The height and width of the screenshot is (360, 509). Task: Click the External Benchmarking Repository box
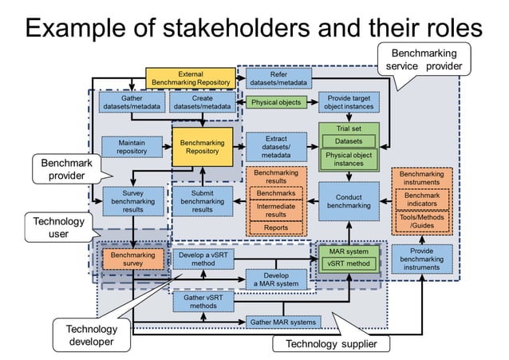190,77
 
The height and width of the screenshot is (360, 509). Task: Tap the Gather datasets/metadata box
132,102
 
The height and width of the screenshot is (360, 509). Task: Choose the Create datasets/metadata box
202,102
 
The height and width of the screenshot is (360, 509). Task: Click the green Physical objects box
276,103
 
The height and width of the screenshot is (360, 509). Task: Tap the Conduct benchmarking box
349,201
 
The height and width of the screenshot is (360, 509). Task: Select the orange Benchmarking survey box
132,258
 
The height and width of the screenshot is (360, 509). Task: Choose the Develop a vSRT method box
203,258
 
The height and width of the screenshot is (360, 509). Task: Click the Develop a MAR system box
276,280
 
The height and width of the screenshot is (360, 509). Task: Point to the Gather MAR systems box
284,322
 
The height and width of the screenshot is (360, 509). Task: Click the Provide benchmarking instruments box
421,259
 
